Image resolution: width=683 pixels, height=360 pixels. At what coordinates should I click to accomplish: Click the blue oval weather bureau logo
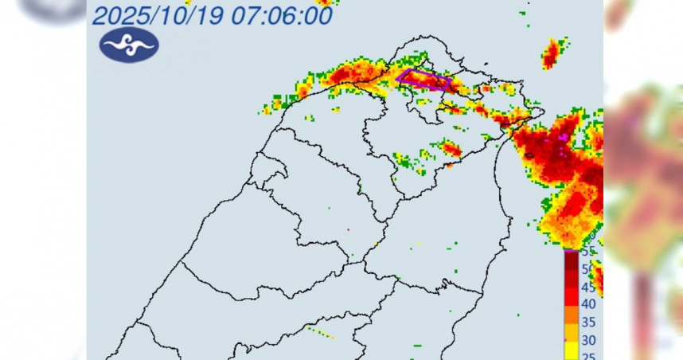[129, 45]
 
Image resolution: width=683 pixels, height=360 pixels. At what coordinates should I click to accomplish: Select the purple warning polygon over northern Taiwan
[425, 80]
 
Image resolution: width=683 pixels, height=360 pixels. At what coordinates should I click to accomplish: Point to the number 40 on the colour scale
[589, 304]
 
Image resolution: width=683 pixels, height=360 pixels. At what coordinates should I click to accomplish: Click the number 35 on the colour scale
[589, 323]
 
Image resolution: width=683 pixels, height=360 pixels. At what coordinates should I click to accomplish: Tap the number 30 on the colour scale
[589, 340]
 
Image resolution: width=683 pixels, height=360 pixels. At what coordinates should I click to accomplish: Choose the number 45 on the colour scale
[589, 287]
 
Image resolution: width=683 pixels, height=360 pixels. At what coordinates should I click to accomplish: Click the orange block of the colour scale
[572, 322]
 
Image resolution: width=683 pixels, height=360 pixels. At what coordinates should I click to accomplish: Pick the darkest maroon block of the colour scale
[572, 259]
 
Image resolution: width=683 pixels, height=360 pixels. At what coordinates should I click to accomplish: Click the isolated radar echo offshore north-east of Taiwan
[551, 53]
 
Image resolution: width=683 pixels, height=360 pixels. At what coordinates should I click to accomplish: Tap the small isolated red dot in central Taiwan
[348, 229]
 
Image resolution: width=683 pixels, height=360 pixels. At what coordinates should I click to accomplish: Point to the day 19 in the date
[232, 16]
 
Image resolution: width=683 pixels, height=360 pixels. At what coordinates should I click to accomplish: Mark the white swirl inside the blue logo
[129, 45]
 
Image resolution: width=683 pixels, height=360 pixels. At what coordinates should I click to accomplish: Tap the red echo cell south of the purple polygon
[451, 148]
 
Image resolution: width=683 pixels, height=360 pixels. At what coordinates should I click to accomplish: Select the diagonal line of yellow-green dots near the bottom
[319, 332]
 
